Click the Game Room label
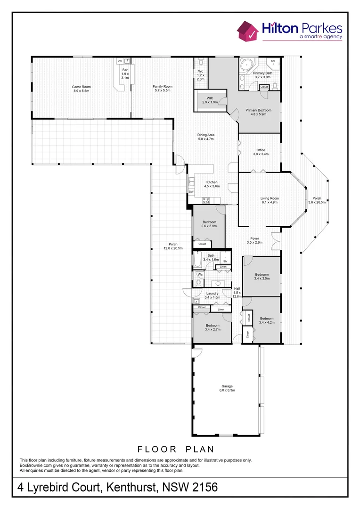[x=81, y=89]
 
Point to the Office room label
[x=261, y=152]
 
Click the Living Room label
[x=270, y=200]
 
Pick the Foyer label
[x=254, y=240]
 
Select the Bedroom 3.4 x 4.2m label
[x=266, y=320]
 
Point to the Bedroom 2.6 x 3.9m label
[x=209, y=224]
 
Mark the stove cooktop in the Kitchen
[x=206, y=200]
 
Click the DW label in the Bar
[x=120, y=61]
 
